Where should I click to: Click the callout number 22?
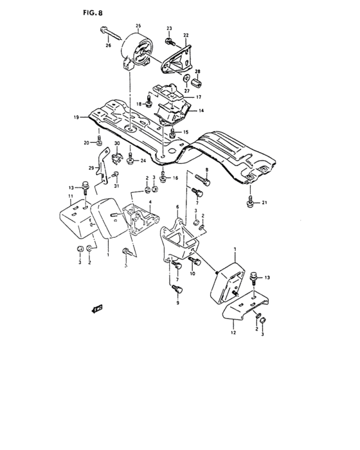click(186, 35)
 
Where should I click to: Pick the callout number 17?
click(199, 97)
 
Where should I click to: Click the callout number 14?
click(201, 111)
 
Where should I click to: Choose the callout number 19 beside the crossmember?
click(76, 118)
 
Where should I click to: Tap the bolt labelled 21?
click(249, 203)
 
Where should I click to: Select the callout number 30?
click(116, 143)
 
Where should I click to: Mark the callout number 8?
click(206, 170)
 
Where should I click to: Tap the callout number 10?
click(192, 273)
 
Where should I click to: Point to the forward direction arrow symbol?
click(98, 309)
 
